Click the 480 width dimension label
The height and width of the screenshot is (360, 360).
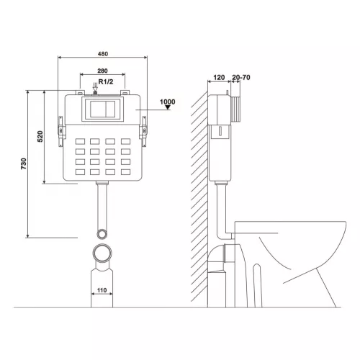pos(103,54)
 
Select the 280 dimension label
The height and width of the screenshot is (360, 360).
pos(102,71)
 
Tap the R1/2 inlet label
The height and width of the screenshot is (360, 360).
pos(106,82)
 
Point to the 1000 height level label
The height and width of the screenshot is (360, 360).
pos(168,102)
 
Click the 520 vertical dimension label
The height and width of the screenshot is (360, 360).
pos(40,136)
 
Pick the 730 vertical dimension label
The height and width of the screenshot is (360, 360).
pos(24,164)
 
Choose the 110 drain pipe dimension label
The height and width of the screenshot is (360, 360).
pos(102,290)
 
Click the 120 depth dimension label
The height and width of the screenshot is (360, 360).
pos(219,78)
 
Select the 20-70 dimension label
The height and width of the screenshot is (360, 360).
pos(241,78)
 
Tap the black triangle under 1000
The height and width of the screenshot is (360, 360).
pos(168,107)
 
